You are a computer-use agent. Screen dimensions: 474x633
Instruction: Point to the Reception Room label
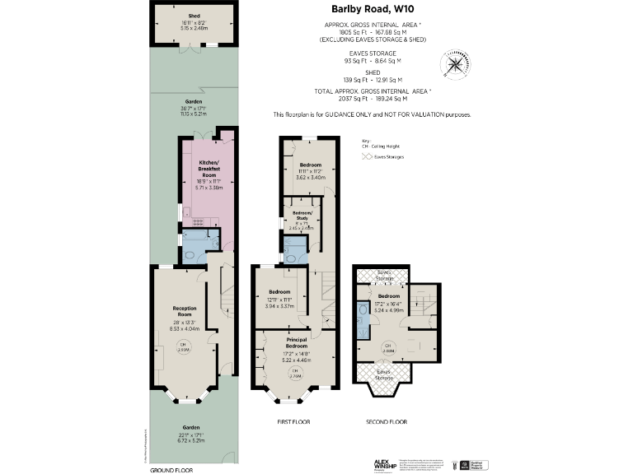pyautogui.click(x=184, y=311)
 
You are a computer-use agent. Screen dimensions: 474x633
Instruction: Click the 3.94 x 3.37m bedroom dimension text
pyautogui.click(x=279, y=305)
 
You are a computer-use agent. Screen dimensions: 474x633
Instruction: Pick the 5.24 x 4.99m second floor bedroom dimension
pyautogui.click(x=389, y=311)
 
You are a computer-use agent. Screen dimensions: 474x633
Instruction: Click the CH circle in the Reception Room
pyautogui.click(x=185, y=347)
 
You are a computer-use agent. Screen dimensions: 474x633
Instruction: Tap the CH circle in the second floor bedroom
pyautogui.click(x=387, y=348)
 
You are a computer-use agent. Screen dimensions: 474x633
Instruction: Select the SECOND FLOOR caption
pyautogui.click(x=387, y=422)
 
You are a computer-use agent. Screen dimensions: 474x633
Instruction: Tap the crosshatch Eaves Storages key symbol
pyautogui.click(x=366, y=156)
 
